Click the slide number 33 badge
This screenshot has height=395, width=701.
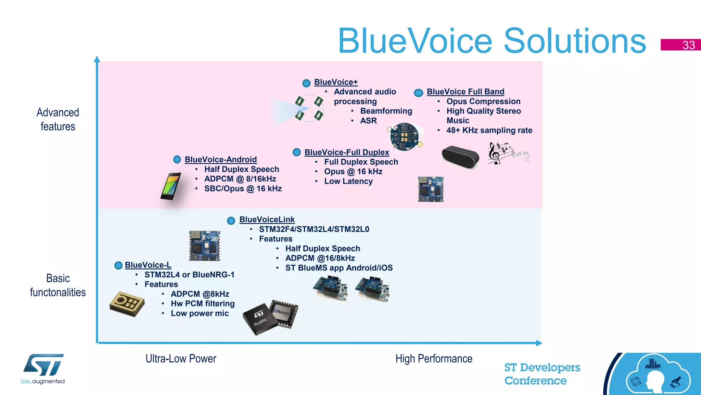pos(680,45)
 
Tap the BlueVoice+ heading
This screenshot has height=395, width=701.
pos(336,82)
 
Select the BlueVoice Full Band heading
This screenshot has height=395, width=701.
pos(465,92)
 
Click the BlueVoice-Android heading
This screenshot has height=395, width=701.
pos(220,160)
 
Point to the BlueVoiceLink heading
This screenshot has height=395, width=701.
pos(267,220)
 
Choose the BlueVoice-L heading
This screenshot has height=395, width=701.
pos(148,265)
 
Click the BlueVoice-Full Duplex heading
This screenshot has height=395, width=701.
pos(346,152)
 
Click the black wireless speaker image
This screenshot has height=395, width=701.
pos(460,157)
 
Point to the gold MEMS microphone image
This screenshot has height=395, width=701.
pos(127,304)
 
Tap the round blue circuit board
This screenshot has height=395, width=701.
pos(405,137)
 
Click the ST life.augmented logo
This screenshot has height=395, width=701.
pos(43,369)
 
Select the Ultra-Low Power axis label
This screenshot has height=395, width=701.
pos(181,359)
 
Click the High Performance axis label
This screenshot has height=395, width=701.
pos(434,359)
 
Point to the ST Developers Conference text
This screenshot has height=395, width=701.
pos(542,374)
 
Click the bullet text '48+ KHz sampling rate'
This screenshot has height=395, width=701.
pos(489,131)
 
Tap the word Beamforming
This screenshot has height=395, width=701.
pos(386,111)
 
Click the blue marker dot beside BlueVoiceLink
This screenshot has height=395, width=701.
pos(231,221)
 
